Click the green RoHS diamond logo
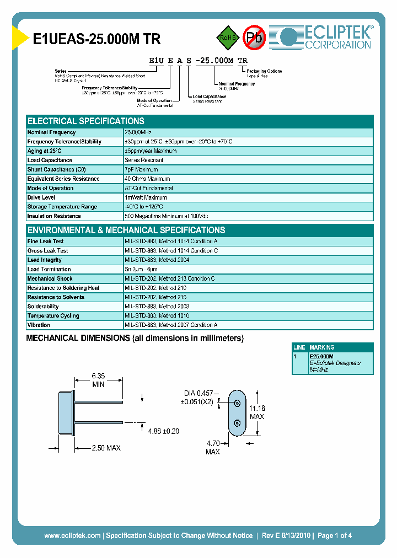[227, 37]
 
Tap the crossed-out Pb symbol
[254, 37]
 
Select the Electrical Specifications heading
[86, 121]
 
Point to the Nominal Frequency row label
[51, 132]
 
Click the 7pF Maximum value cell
[141, 169]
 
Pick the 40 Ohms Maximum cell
[147, 179]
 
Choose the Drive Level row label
[41, 197]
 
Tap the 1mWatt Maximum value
[146, 197]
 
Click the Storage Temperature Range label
[62, 207]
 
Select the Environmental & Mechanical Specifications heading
[126, 230]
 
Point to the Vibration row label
[39, 325]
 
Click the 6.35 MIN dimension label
[98, 380]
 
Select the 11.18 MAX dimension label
[256, 412]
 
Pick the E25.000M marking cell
[321, 357]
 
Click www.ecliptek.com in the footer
[72, 535]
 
